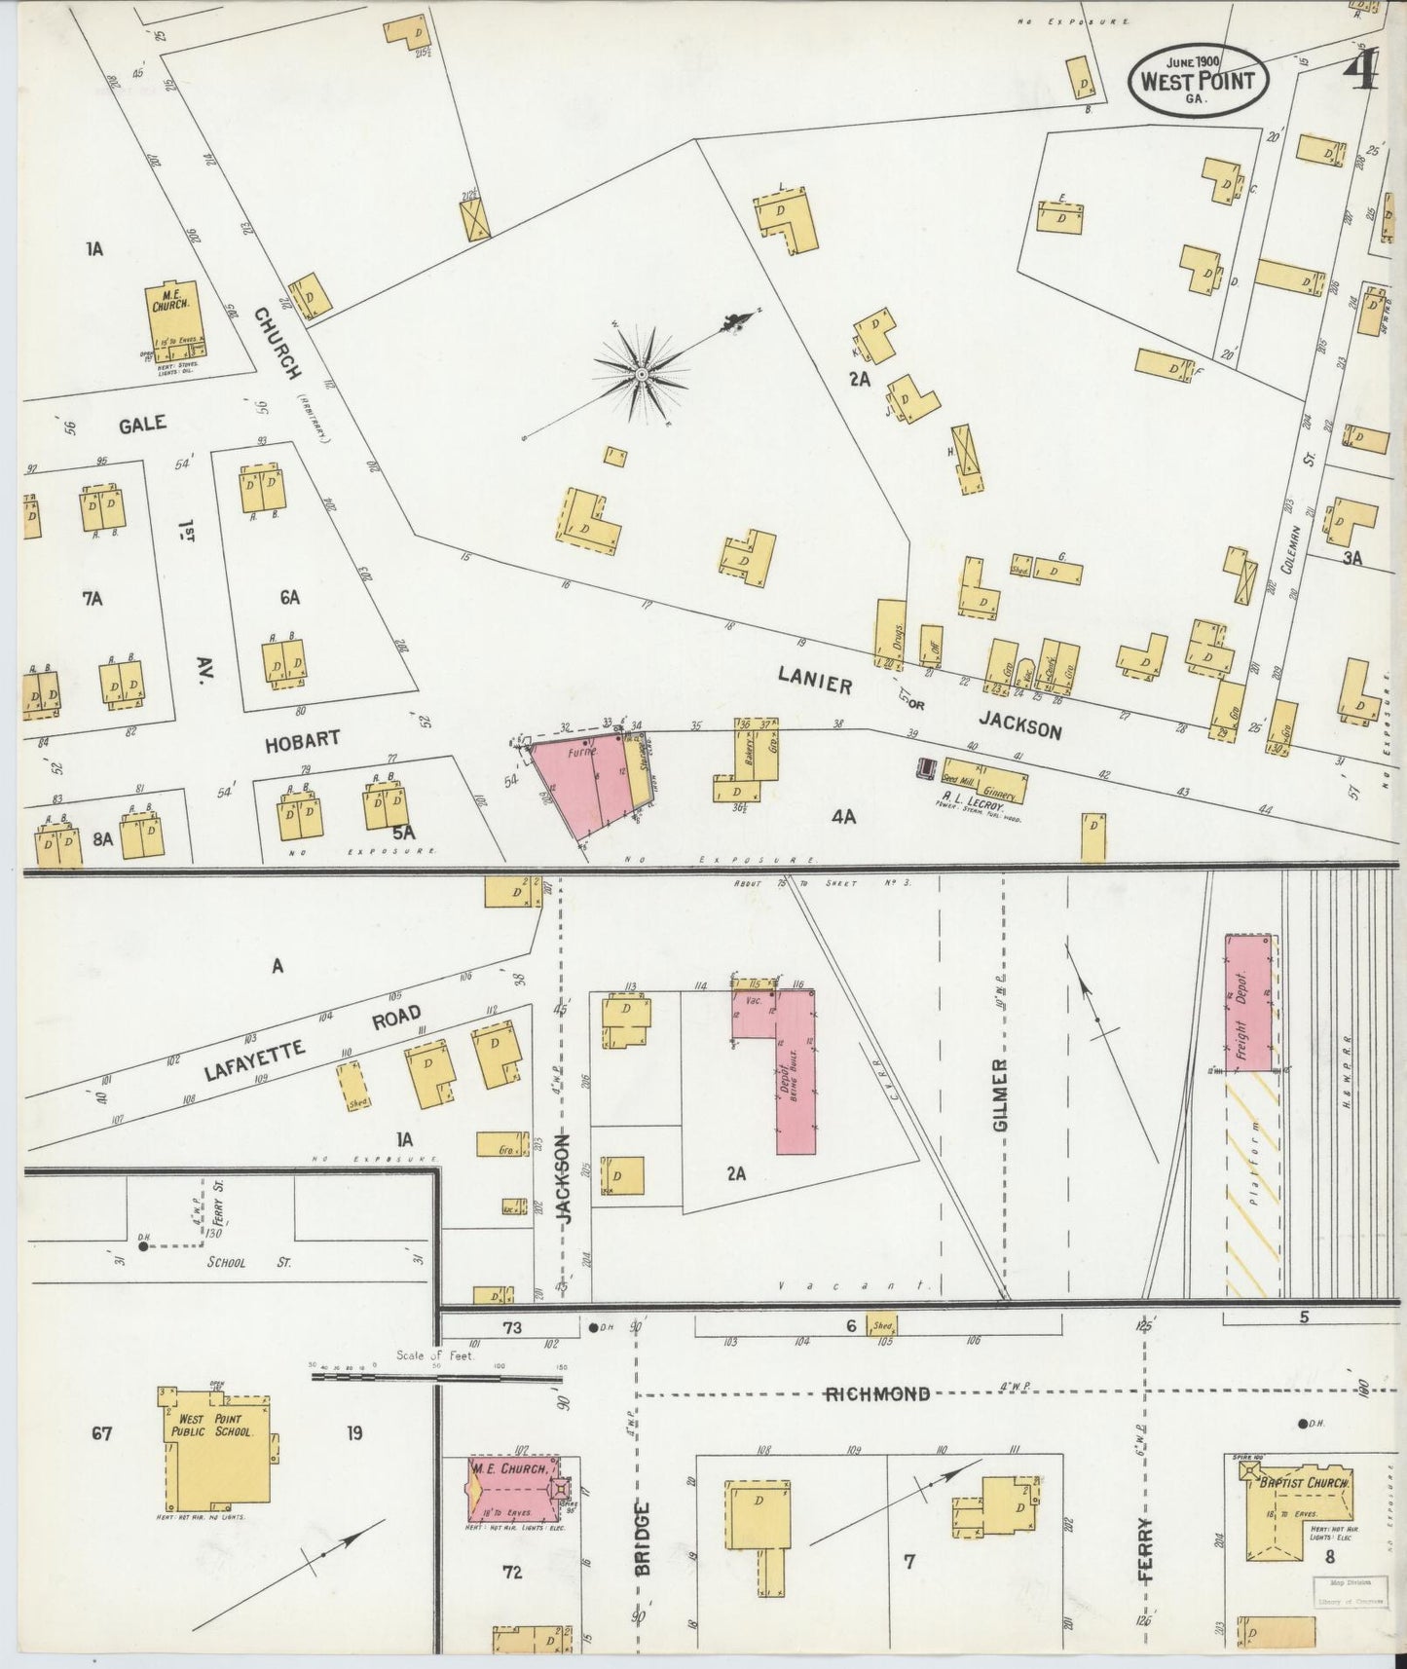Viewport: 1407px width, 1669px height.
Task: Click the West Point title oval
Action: point(1198,76)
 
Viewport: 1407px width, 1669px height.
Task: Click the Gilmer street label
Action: point(1002,1095)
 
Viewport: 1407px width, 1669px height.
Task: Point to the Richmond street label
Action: point(877,1394)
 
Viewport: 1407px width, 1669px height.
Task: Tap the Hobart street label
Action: point(303,740)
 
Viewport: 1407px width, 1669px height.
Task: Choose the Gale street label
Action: point(143,425)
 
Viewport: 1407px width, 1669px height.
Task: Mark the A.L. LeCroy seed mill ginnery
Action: point(984,779)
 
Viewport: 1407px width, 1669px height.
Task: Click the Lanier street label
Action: point(815,681)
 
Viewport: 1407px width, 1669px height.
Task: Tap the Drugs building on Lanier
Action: point(890,634)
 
